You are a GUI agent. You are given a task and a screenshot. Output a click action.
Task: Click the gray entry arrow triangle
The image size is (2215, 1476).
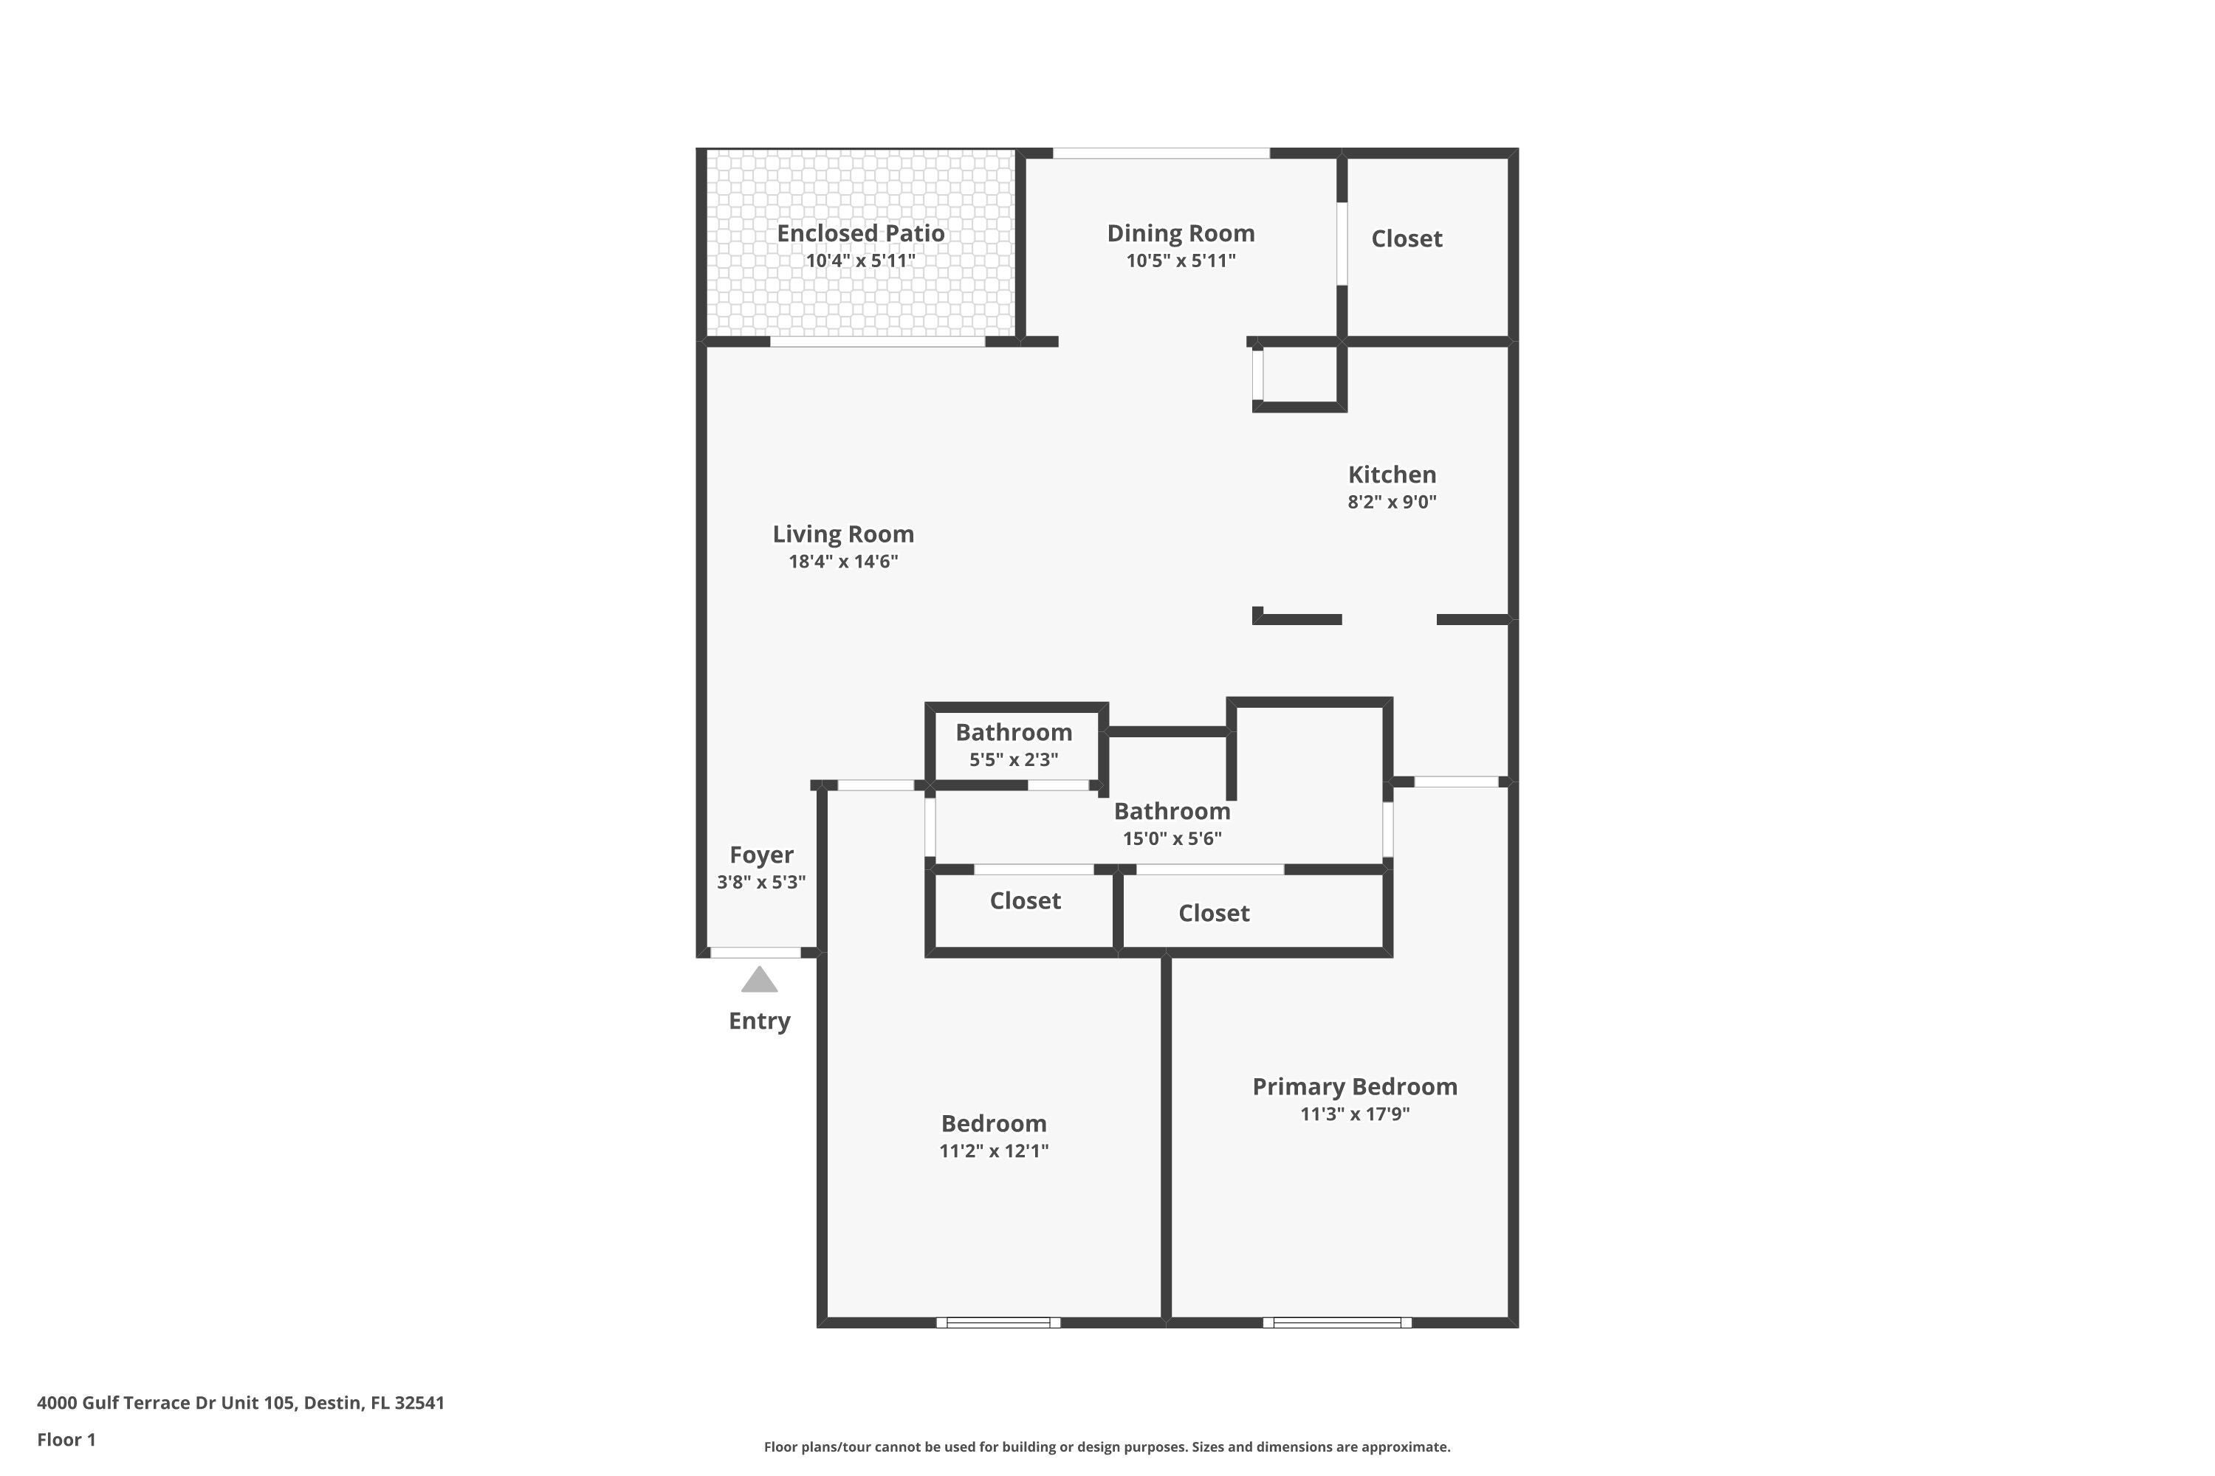(759, 980)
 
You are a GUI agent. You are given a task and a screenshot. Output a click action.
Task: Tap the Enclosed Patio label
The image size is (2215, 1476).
(861, 233)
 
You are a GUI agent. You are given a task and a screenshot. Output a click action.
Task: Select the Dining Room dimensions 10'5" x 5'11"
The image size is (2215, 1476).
(1181, 261)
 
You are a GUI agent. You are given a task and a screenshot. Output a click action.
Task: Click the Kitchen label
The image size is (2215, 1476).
(1392, 475)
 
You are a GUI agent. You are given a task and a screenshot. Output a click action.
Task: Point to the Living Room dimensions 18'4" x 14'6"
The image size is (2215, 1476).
(843, 562)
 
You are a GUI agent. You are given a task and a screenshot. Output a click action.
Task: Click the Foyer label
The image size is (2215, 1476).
(761, 855)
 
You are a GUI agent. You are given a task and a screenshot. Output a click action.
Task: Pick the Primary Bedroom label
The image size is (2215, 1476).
(1355, 1087)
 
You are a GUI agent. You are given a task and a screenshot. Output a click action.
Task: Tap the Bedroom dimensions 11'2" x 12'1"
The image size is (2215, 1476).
(994, 1151)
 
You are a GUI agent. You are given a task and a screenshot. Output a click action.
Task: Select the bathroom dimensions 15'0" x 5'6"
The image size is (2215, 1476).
(1172, 838)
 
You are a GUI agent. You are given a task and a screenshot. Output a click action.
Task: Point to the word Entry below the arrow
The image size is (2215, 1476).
(759, 1021)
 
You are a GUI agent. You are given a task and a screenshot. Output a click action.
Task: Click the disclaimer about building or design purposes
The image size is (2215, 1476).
(1107, 1446)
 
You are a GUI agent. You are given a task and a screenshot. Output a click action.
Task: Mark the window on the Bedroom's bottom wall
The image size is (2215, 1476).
(998, 1322)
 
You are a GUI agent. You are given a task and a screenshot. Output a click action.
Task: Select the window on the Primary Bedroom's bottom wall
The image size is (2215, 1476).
(1337, 1322)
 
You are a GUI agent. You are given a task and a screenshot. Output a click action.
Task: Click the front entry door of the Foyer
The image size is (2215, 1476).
(755, 953)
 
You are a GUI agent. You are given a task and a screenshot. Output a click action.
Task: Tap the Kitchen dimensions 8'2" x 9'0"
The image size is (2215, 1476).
(1392, 502)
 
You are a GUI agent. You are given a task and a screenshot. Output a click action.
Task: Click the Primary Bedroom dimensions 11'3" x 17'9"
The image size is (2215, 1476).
(1355, 1114)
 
